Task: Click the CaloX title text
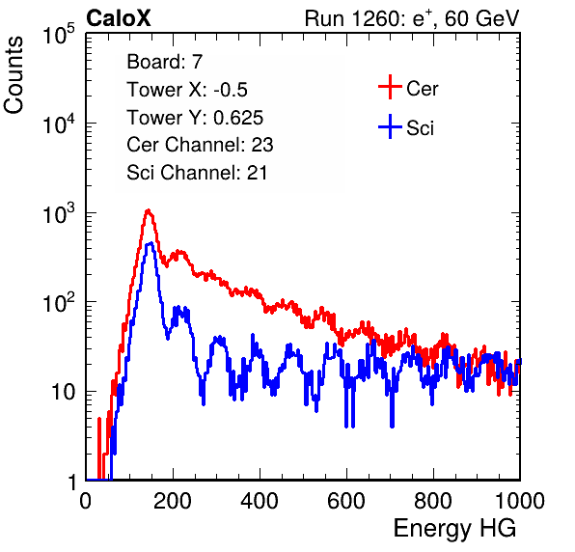(x=118, y=18)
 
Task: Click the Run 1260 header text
(x=412, y=18)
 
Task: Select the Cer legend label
(x=422, y=89)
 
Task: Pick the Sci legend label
(x=420, y=128)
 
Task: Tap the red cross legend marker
(x=390, y=87)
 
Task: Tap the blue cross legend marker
(x=390, y=126)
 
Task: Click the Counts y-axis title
(x=14, y=75)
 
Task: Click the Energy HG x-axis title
(x=454, y=529)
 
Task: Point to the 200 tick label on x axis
(x=173, y=500)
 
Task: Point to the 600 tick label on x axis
(x=346, y=500)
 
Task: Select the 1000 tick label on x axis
(x=520, y=500)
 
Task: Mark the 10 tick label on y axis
(x=64, y=392)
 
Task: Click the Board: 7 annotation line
(x=164, y=62)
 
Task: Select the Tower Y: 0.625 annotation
(x=195, y=118)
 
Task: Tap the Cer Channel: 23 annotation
(x=200, y=145)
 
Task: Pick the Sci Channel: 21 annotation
(x=197, y=173)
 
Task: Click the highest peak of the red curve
(x=148, y=210)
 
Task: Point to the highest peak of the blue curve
(x=150, y=243)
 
